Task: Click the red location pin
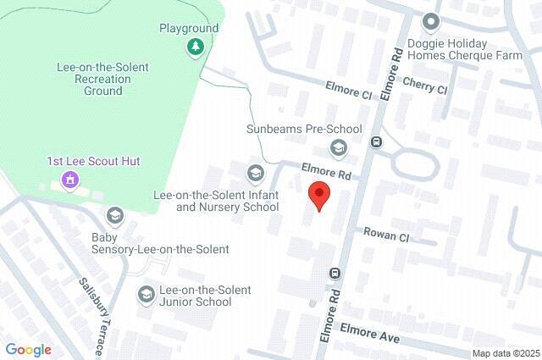coord(318,194)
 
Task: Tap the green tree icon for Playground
coord(196,45)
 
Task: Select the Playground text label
coord(189,28)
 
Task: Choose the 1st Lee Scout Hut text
coord(93,161)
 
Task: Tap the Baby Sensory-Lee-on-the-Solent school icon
coord(114,216)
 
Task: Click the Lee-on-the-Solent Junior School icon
coord(146,294)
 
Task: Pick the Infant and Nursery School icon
coord(255,174)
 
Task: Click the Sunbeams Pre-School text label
coord(303,130)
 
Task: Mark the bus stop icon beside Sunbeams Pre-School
coord(375,141)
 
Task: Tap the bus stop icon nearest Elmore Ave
coord(335,273)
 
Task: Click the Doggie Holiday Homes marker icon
coord(431,21)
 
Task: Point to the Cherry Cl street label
coord(424,86)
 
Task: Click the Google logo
coord(29,350)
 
